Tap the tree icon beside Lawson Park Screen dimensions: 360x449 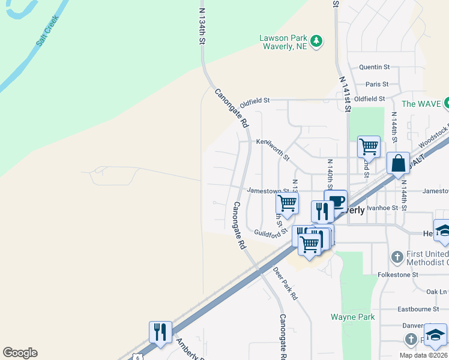click(316, 41)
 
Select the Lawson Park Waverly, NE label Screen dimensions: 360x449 click(283, 42)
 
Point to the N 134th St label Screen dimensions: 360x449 click(202, 24)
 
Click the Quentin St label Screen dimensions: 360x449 click(374, 67)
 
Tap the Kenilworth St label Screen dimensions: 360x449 click(273, 150)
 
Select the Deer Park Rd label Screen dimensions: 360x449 click(285, 284)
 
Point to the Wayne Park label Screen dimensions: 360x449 click(353, 317)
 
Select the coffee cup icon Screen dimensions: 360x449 click(336, 200)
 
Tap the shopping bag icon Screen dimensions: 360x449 click(398, 163)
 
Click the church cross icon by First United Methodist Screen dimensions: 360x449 click(396, 257)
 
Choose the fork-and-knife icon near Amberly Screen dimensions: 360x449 click(160, 331)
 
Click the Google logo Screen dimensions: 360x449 click(20, 353)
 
